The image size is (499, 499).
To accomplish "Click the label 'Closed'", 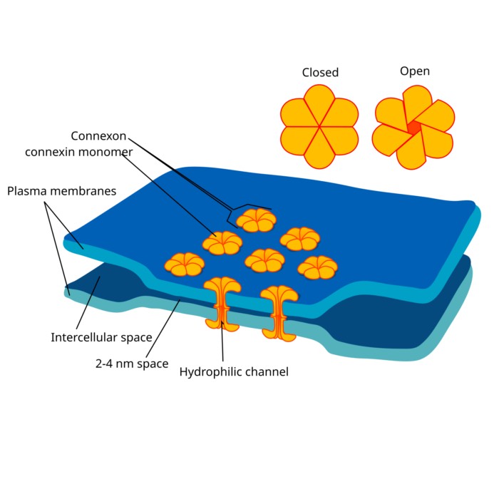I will [320, 73].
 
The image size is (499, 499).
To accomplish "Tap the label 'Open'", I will [414, 71].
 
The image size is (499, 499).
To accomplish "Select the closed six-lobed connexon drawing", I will [319, 127].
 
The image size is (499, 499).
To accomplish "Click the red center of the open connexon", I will [414, 128].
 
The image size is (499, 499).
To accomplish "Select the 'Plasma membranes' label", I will [61, 192].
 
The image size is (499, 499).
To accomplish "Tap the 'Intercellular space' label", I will [101, 336].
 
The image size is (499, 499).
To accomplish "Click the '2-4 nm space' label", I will [132, 364].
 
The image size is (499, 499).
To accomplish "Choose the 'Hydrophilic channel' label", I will [234, 371].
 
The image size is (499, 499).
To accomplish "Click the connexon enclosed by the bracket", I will [256, 220].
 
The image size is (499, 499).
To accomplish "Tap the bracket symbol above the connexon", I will [249, 209].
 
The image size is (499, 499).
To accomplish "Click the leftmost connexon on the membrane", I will [185, 264].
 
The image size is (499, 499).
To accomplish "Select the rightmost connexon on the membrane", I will [317, 267].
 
